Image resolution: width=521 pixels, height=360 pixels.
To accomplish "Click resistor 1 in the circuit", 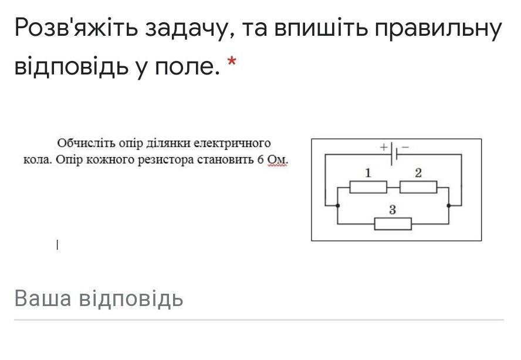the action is (x=368, y=187).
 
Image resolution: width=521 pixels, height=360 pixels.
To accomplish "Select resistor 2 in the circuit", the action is (x=418, y=187).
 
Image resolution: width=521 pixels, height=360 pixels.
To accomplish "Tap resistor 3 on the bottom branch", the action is (x=393, y=224).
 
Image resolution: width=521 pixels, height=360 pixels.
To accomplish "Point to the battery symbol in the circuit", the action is (x=394, y=154).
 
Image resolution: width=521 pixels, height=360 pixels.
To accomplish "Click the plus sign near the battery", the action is (x=384, y=147).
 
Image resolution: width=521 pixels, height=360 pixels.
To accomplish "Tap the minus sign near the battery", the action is (x=405, y=147).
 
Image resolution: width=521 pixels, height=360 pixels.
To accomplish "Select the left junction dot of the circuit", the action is (x=337, y=206).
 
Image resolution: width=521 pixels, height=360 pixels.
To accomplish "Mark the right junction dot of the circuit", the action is (x=449, y=206).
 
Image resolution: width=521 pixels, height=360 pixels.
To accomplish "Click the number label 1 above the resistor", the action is (x=368, y=173).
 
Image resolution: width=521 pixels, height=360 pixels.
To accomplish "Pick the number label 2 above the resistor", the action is (x=418, y=173).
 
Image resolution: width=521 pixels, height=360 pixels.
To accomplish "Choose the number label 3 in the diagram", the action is (x=393, y=210).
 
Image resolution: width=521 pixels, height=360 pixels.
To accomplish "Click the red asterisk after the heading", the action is (x=232, y=62).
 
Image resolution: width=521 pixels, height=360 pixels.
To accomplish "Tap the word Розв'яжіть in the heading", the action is (x=76, y=28).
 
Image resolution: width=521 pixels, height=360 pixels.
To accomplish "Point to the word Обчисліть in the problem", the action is (x=86, y=144).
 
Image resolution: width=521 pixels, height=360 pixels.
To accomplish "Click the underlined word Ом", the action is (x=278, y=160).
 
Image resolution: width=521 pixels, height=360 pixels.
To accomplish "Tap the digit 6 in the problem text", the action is (x=260, y=159).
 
